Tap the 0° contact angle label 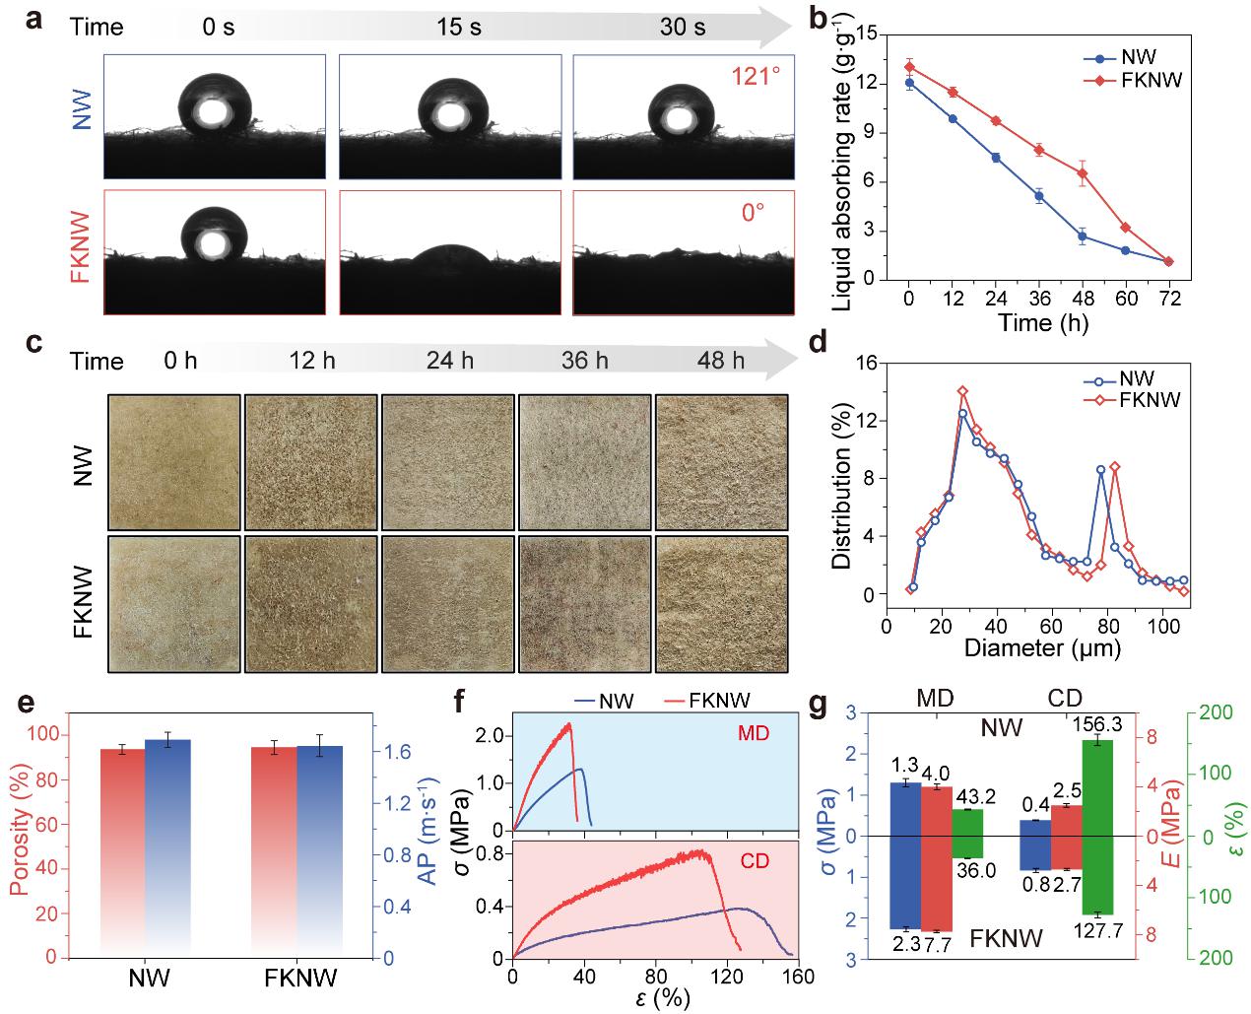coord(753,212)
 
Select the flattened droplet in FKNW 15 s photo coord(449,258)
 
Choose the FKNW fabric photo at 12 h coord(311,603)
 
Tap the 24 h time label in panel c coord(450,361)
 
